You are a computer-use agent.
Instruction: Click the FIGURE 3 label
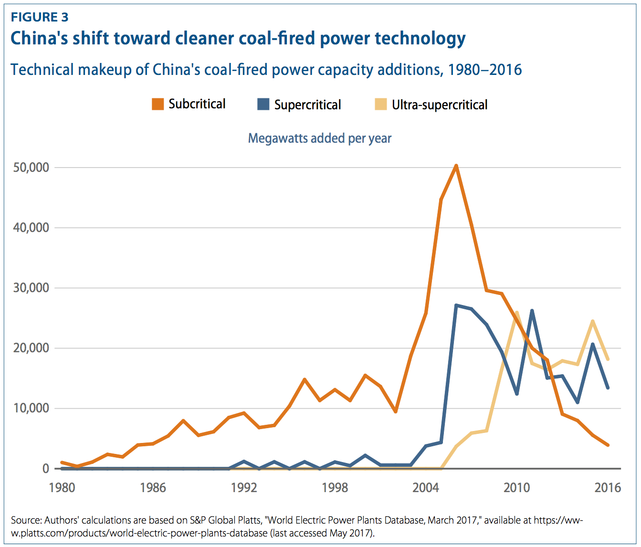[40, 17]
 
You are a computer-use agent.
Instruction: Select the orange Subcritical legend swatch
[158, 104]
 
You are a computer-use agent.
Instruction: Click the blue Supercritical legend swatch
[263, 104]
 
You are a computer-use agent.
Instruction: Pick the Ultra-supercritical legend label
[439, 105]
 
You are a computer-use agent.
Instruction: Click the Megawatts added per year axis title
[319, 138]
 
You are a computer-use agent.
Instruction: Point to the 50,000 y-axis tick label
[31, 168]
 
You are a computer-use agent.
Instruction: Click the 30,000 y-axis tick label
[31, 288]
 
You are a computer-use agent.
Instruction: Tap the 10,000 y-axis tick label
[31, 408]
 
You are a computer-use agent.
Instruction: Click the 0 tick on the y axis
[45, 468]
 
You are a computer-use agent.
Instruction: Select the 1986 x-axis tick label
[153, 487]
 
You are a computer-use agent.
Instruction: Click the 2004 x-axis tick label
[426, 487]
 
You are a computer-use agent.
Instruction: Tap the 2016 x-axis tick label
[608, 487]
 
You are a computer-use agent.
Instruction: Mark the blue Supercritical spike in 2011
[532, 311]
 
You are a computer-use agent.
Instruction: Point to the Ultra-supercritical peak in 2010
[516, 313]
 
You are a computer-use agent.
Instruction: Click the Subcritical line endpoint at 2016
[608, 445]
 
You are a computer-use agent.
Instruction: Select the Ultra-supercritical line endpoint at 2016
[608, 359]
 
